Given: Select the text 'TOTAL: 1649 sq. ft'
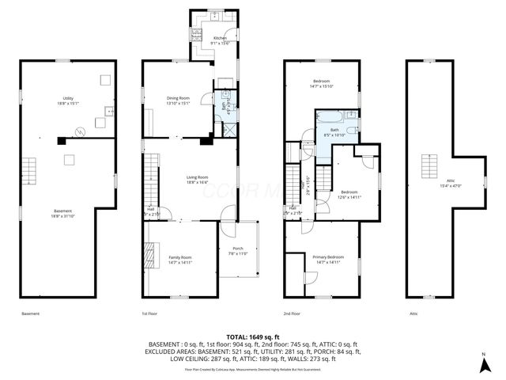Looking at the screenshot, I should tap(252, 337).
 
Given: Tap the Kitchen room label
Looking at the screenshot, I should tap(220, 40).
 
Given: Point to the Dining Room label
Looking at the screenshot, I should tap(178, 100).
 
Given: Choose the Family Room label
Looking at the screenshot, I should tap(180, 260).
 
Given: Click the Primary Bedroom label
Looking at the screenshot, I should tap(327, 260).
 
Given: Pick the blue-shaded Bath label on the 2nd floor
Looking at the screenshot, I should tap(334, 132).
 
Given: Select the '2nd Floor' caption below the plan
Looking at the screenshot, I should tap(293, 314).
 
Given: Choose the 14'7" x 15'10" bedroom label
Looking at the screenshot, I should tap(323, 85).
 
